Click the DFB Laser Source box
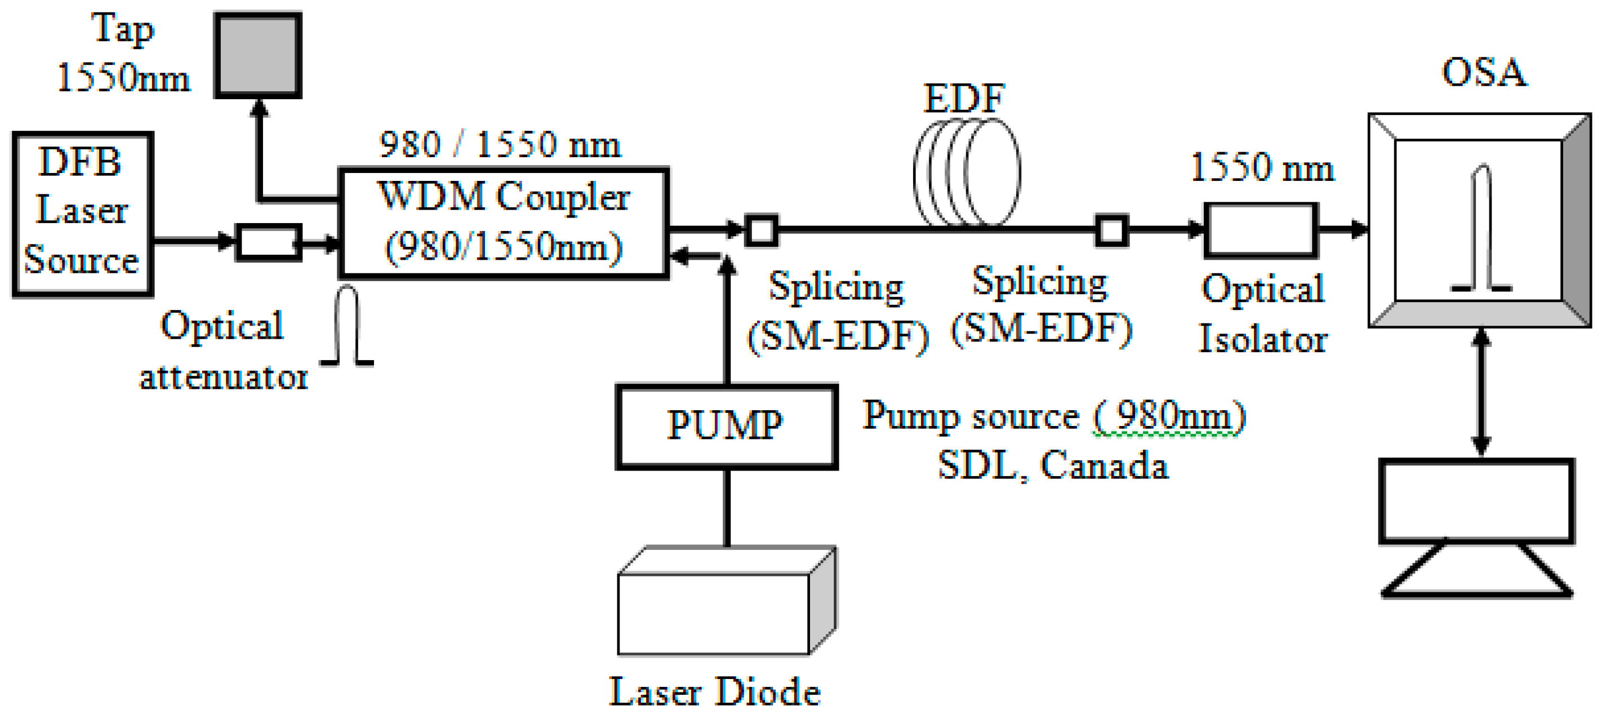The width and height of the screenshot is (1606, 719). [x=82, y=214]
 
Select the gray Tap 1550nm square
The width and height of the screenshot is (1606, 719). [x=257, y=55]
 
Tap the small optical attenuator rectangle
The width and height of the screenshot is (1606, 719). [x=268, y=242]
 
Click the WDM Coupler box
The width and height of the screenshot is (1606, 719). [x=504, y=222]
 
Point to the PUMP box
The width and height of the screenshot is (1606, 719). [x=726, y=427]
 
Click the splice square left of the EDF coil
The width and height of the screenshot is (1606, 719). [x=761, y=230]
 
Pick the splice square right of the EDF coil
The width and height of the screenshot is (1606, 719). [x=1111, y=230]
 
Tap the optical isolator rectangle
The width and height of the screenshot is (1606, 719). [x=1261, y=230]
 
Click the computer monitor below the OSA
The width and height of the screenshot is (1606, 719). [x=1476, y=502]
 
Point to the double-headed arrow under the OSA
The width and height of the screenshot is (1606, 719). [x=1482, y=392]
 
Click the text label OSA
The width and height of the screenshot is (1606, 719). [x=1484, y=72]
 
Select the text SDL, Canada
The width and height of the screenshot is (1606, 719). [x=1052, y=465]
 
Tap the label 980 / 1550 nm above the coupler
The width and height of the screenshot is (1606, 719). [x=500, y=145]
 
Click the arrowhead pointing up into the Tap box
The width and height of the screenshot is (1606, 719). [x=259, y=109]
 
